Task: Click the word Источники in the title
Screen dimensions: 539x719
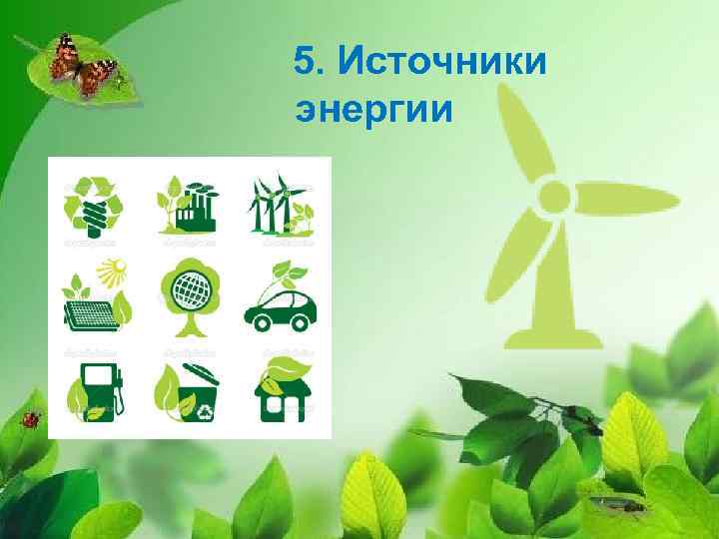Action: coord(442,63)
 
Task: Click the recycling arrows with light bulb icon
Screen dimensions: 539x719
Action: coord(92,207)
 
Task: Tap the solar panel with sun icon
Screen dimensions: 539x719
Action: coord(95,297)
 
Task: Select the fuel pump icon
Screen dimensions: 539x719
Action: coord(94,389)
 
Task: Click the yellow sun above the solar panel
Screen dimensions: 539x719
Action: coord(114,269)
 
